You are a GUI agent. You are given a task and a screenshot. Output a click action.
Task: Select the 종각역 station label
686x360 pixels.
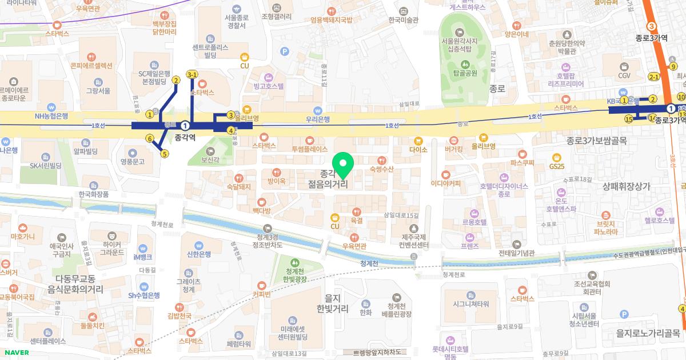[x=185, y=137]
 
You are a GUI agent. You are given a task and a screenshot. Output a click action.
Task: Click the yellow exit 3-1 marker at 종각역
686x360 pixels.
[x=193, y=74]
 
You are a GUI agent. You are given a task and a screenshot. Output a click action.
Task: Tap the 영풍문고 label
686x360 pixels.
[x=133, y=161]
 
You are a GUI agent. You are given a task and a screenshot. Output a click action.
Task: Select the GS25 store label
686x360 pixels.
[x=556, y=166]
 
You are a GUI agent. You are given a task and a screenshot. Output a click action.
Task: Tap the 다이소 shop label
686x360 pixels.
[x=418, y=149]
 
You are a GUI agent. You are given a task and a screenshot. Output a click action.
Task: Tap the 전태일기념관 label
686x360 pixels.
[x=516, y=253]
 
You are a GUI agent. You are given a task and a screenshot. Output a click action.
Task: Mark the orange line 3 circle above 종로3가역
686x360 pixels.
[x=652, y=26]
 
